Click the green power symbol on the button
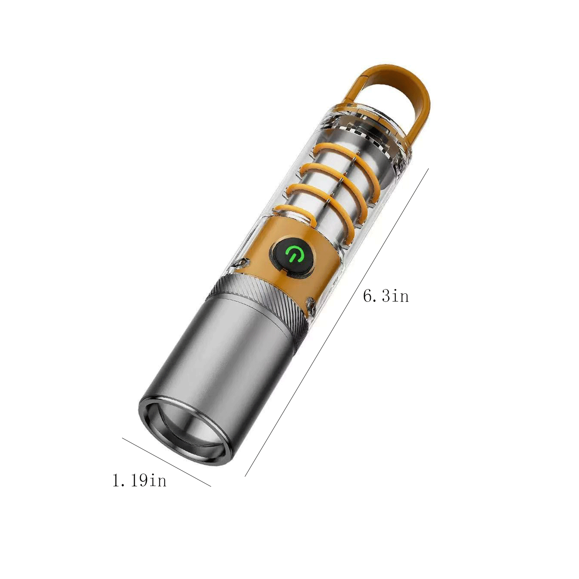point(292,255)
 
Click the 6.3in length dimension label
point(386,296)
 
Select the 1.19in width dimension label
point(139,481)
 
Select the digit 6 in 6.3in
point(368,296)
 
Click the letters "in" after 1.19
point(158,481)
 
